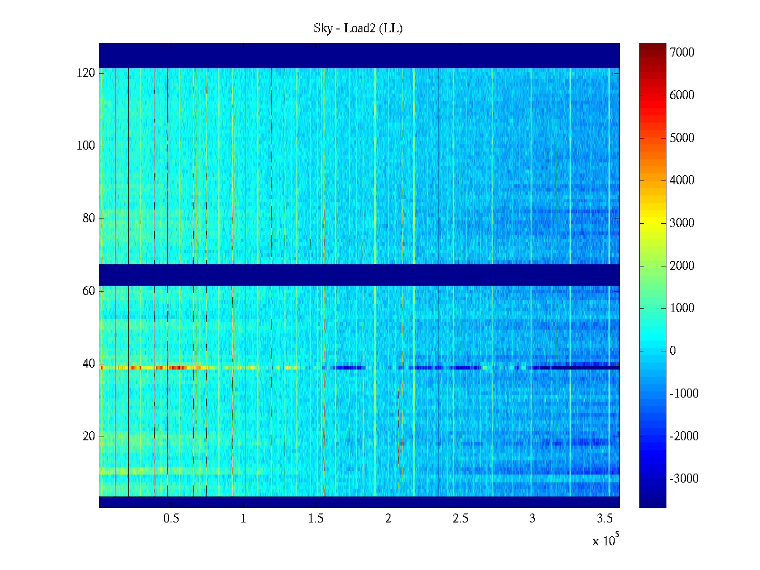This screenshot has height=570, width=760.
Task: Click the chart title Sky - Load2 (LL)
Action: (x=358, y=28)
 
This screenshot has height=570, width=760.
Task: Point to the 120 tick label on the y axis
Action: (x=86, y=73)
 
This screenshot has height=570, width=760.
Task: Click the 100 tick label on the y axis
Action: (x=86, y=146)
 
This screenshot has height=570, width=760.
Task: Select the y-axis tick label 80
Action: (x=89, y=218)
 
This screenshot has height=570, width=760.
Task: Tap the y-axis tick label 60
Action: (x=89, y=291)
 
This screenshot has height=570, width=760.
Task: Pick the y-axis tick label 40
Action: (x=89, y=364)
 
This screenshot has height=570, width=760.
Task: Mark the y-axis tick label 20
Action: (x=89, y=437)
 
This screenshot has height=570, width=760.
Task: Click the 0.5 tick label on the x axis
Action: (x=171, y=519)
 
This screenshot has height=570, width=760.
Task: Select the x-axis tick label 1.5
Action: (x=316, y=519)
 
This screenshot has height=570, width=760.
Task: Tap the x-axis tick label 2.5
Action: (x=460, y=519)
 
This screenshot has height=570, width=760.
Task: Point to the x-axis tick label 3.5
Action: (x=605, y=519)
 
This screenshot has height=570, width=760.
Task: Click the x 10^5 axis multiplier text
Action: (x=606, y=540)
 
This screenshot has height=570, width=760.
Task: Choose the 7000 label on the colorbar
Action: (x=682, y=53)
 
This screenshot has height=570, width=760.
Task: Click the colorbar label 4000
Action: (x=682, y=180)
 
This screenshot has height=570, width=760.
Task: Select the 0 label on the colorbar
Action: (x=673, y=351)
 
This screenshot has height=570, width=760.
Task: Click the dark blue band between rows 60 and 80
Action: (x=359, y=275)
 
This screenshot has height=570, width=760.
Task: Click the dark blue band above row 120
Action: (x=359, y=55)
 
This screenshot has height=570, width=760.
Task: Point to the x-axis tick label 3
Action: (x=532, y=519)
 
